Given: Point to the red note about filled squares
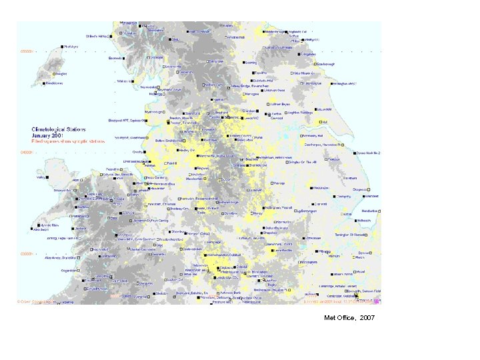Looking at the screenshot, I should (64, 140).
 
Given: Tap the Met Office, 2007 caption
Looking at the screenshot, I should (349, 318).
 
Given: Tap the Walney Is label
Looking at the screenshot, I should (123, 81).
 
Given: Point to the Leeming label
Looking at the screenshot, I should (250, 63).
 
